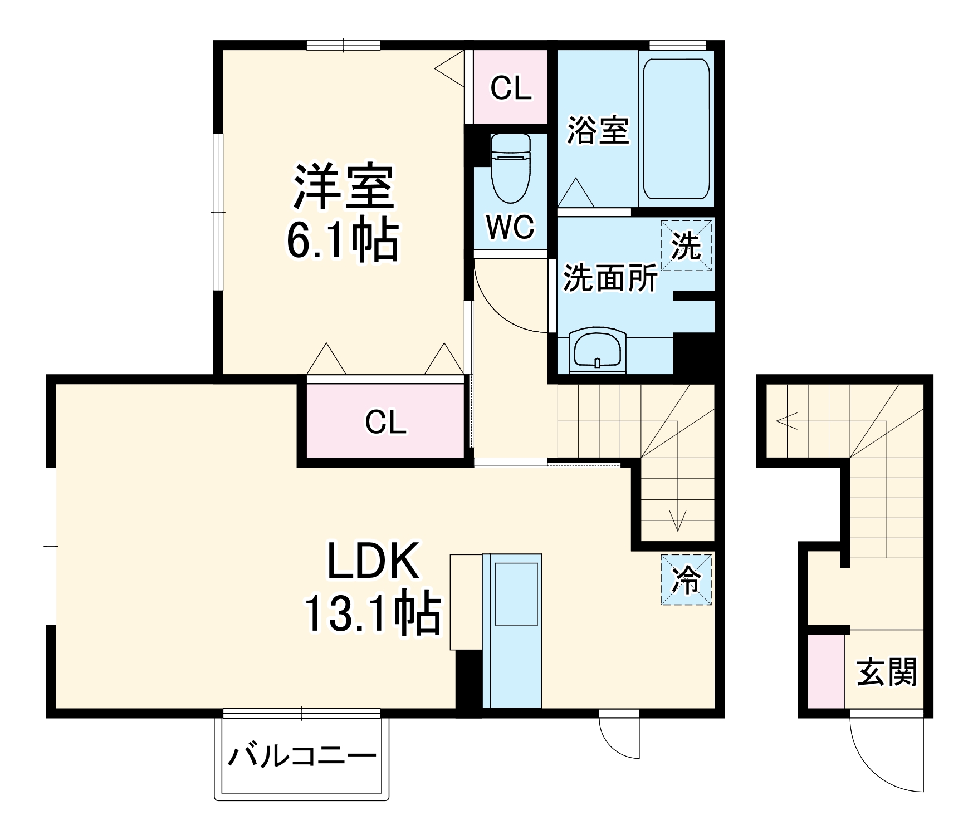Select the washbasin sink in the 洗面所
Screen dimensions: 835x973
click(597, 351)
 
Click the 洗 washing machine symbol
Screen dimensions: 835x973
click(686, 245)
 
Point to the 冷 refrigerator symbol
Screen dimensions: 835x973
click(686, 579)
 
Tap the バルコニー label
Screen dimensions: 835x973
click(302, 757)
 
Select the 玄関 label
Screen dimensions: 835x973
click(887, 672)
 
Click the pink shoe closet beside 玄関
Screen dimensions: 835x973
click(826, 671)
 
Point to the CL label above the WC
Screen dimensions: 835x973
click(510, 88)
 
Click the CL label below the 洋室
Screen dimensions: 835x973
click(385, 422)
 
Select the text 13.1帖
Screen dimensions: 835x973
click(371, 615)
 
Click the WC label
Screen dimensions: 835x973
click(510, 227)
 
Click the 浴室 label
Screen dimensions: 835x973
click(598, 130)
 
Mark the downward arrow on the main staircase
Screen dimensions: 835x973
click(677, 520)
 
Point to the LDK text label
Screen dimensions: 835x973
click(372, 561)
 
